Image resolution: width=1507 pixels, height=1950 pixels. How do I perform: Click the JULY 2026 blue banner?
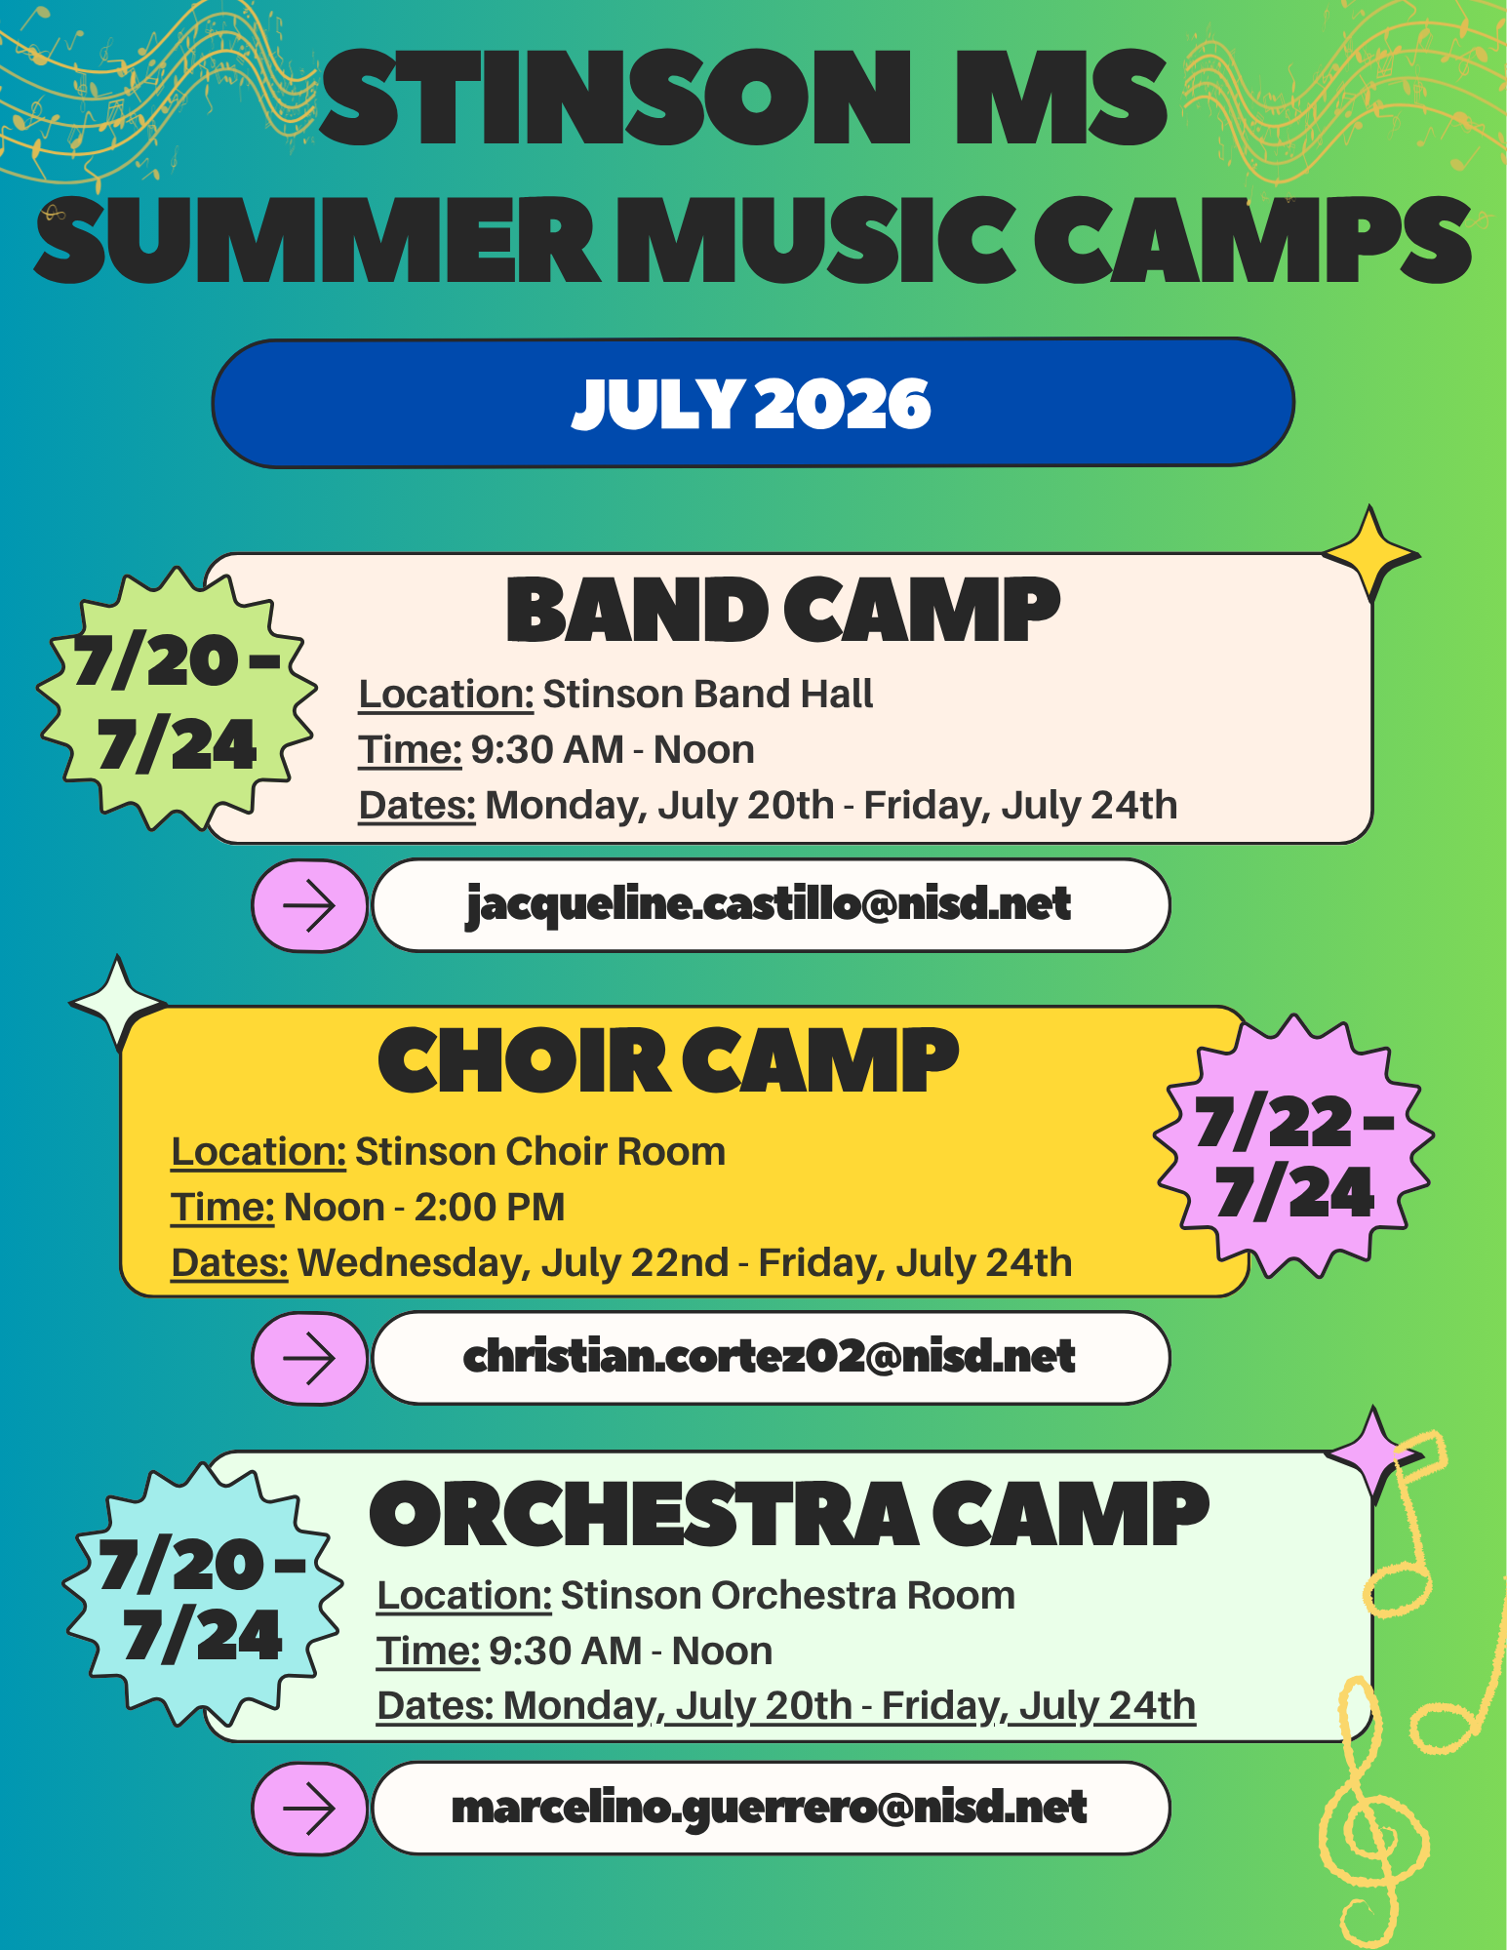[752, 403]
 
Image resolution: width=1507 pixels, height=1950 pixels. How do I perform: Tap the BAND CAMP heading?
[782, 611]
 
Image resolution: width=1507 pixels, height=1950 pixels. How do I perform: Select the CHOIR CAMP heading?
[668, 1061]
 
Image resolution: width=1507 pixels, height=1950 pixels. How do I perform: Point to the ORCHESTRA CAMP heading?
[788, 1514]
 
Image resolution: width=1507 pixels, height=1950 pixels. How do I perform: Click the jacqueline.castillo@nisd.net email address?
[770, 904]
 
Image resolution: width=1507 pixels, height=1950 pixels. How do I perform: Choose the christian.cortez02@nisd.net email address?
[770, 1357]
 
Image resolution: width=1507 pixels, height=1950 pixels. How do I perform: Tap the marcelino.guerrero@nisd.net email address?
[770, 1808]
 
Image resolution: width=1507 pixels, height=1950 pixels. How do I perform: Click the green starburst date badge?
[177, 700]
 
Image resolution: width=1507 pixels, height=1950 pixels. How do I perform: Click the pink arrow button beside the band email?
[309, 905]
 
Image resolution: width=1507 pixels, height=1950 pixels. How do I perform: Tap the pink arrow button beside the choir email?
[309, 1358]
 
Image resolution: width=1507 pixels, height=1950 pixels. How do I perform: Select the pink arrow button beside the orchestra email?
[309, 1809]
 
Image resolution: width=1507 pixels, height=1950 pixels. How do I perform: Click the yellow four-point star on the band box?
[1370, 553]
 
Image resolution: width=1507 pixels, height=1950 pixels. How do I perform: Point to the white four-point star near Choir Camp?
[118, 1002]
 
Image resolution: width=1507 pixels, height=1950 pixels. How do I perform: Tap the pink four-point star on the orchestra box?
[1373, 1453]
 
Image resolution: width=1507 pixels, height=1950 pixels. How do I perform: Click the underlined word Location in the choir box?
[258, 1152]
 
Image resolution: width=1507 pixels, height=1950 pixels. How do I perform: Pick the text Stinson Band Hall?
[707, 695]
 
